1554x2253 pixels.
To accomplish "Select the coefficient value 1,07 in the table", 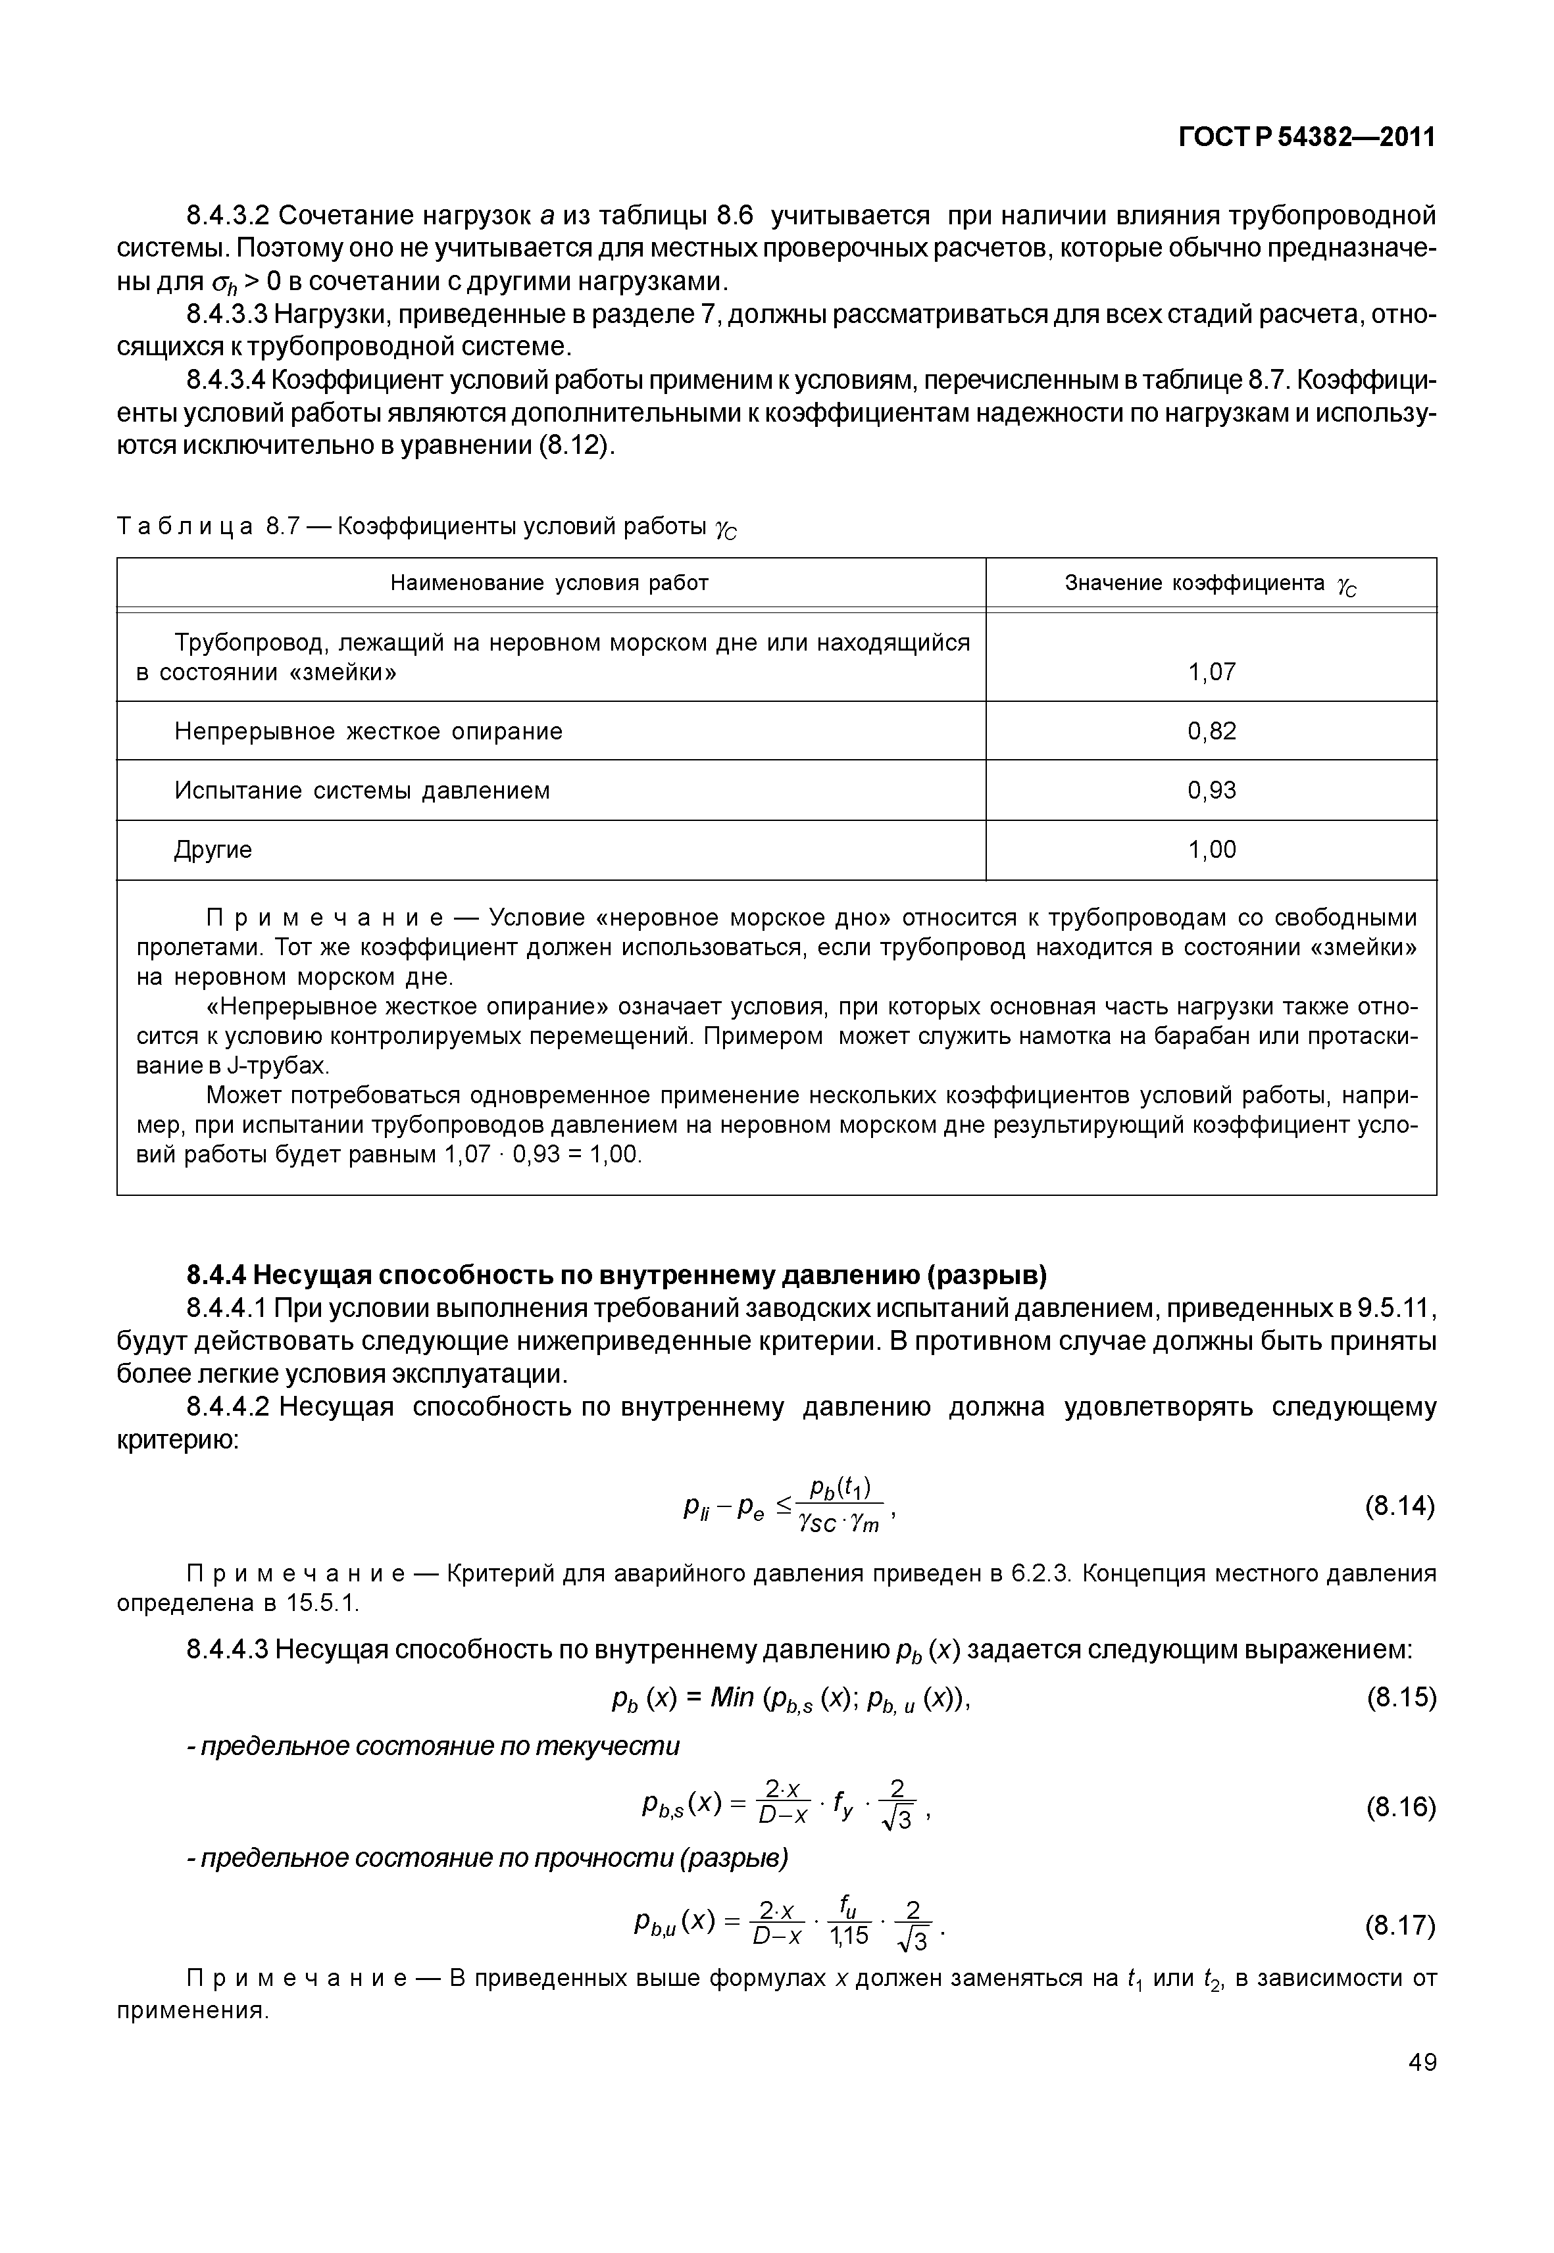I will [x=1211, y=672].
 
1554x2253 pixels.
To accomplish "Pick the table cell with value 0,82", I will [x=1211, y=731].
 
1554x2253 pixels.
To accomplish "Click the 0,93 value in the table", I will [x=1211, y=791].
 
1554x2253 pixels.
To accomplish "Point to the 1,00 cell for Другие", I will [x=1211, y=850].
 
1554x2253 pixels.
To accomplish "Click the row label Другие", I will [x=213, y=850].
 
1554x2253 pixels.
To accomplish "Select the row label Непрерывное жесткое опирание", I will [x=368, y=731].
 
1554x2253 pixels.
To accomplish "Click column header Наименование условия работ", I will [x=549, y=583].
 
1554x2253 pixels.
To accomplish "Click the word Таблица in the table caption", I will [x=185, y=528].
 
